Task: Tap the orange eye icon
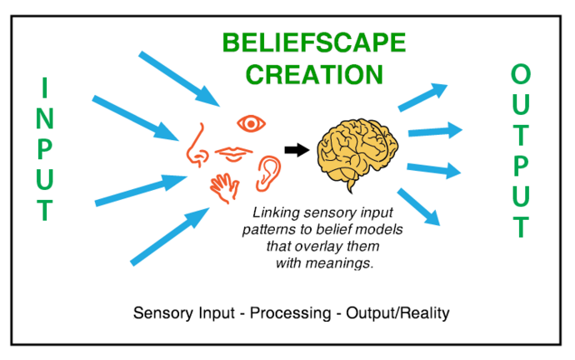coord(251,124)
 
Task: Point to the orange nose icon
coord(197,143)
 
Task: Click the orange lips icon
coord(234,153)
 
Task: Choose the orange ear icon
coord(269,171)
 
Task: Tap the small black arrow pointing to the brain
coord(296,150)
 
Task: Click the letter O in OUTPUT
coord(521,75)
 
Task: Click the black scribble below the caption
coord(292,312)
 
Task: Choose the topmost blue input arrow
coord(179,78)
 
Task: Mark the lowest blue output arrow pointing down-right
coord(419,207)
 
